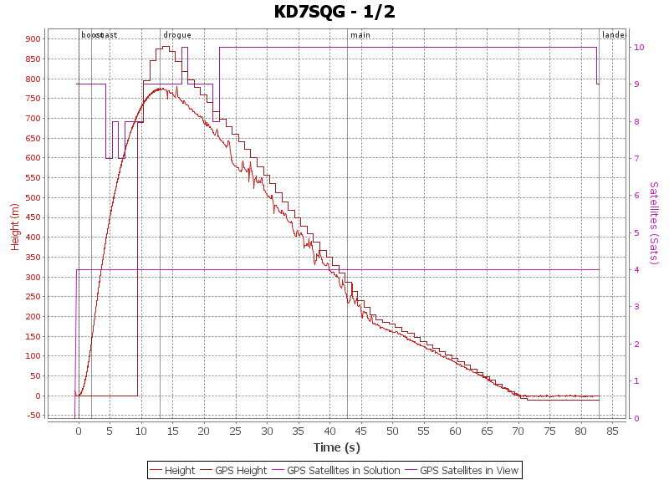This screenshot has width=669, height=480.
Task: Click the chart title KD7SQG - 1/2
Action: (x=334, y=12)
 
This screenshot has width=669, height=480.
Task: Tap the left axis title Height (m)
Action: (x=15, y=226)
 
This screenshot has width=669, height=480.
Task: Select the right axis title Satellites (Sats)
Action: (x=654, y=223)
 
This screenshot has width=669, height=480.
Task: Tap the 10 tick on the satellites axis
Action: (x=638, y=48)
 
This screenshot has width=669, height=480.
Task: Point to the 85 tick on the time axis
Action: (x=613, y=431)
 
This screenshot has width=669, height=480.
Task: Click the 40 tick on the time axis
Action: (x=330, y=431)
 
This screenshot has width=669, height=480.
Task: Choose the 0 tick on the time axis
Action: (x=79, y=431)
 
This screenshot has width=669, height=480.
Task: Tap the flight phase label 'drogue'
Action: (x=177, y=35)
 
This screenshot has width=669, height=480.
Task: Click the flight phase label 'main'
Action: (x=360, y=35)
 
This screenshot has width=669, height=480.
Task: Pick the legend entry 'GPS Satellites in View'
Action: (x=468, y=471)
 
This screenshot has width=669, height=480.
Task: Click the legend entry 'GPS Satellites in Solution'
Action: (x=343, y=471)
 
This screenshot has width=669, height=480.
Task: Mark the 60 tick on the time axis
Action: (x=456, y=431)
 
